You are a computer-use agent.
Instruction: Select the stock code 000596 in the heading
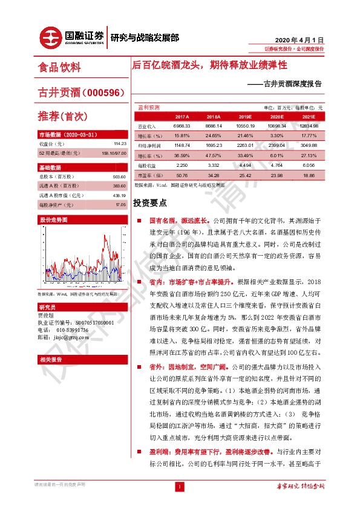click(104, 92)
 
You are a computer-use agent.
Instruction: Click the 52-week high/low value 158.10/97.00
click(112, 154)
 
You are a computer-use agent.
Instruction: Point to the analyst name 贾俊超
click(47, 316)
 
